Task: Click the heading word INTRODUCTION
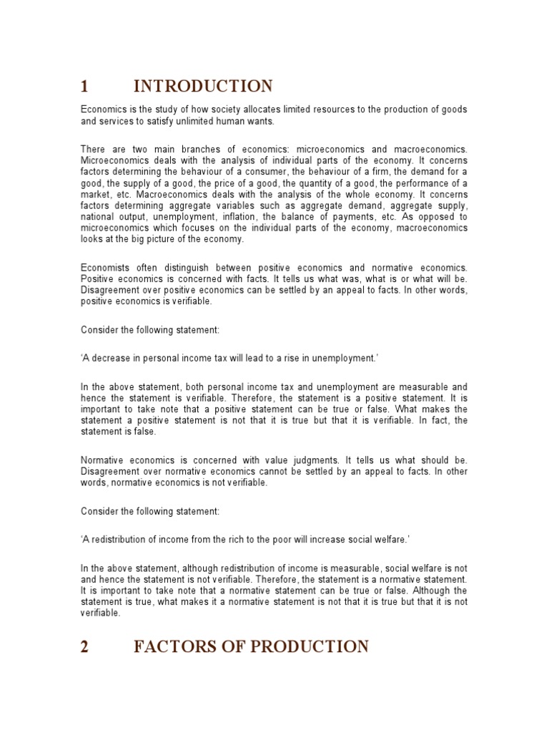pos(202,87)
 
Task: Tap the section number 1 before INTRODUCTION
pos(84,87)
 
